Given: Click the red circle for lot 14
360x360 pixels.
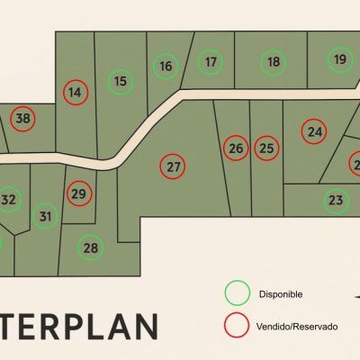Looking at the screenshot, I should [x=76, y=92].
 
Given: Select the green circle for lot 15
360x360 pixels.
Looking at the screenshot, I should [x=121, y=81].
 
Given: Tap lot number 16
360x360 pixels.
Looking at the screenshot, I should [x=165, y=66].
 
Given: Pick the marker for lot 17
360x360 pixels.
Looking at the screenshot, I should [x=210, y=62].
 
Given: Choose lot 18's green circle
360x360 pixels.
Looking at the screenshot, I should [x=274, y=62].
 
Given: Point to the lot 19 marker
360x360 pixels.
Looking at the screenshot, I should [x=339, y=60].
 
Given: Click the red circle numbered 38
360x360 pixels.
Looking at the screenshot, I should [x=23, y=118].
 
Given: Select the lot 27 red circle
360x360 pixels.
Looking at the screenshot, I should [x=174, y=166].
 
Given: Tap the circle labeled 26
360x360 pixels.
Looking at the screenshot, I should [x=236, y=148].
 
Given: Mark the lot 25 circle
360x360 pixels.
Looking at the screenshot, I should [x=266, y=148].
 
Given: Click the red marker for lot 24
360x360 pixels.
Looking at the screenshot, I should [x=313, y=131].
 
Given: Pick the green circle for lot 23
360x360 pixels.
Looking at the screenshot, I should [x=336, y=200].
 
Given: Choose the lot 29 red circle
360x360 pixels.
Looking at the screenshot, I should [x=79, y=193].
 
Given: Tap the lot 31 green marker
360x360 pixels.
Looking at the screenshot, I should [x=46, y=216].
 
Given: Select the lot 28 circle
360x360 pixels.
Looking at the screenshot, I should [x=90, y=247].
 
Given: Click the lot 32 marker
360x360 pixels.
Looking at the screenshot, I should [x=8, y=199].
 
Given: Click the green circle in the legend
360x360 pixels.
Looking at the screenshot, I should [x=238, y=293].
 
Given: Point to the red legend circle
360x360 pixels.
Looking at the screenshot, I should [x=238, y=324].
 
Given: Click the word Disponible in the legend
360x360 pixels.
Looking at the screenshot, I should [x=280, y=294].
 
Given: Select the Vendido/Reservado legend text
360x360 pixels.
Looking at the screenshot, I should [x=298, y=325].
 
